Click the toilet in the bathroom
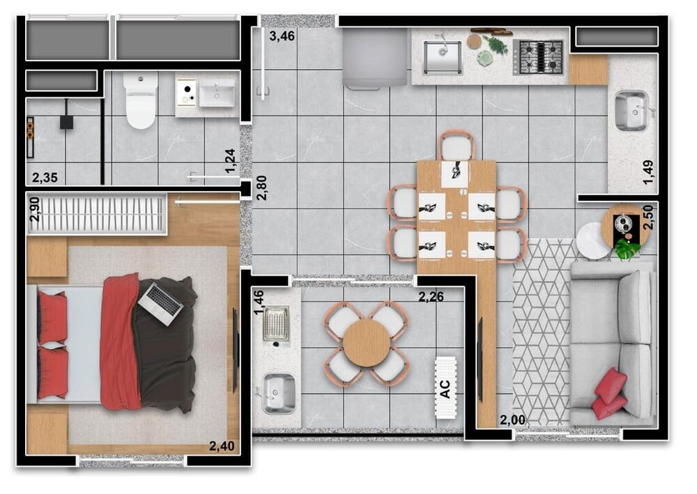click(x=141, y=102)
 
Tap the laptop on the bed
click(x=160, y=302)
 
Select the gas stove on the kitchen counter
click(x=537, y=56)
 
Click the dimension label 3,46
click(x=282, y=36)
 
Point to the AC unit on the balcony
click(x=445, y=387)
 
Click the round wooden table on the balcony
click(x=366, y=344)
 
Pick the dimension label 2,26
click(x=431, y=297)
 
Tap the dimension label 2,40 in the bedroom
click(x=222, y=446)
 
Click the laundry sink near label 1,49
click(x=631, y=111)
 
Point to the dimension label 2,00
click(x=512, y=419)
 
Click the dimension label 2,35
click(x=45, y=177)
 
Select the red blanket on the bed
click(x=120, y=341)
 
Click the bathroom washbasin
click(x=217, y=94)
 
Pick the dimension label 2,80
click(x=261, y=187)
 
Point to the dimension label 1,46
click(x=259, y=303)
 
